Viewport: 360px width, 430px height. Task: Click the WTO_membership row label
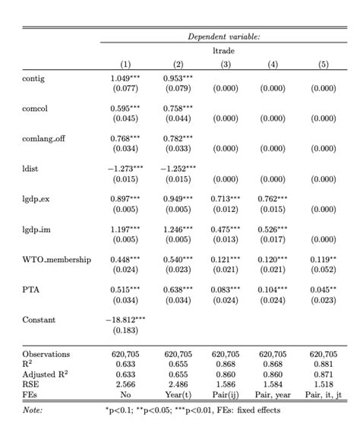pos(56,260)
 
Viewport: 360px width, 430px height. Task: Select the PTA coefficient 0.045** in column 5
pos(324,289)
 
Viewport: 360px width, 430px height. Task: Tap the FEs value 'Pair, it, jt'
pos(324,395)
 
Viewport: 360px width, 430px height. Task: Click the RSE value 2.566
pos(126,385)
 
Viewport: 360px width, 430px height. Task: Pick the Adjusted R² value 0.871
pos(324,375)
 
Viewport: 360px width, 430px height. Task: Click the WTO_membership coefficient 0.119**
pos(324,259)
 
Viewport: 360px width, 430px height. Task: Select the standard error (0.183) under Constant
pos(126,330)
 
